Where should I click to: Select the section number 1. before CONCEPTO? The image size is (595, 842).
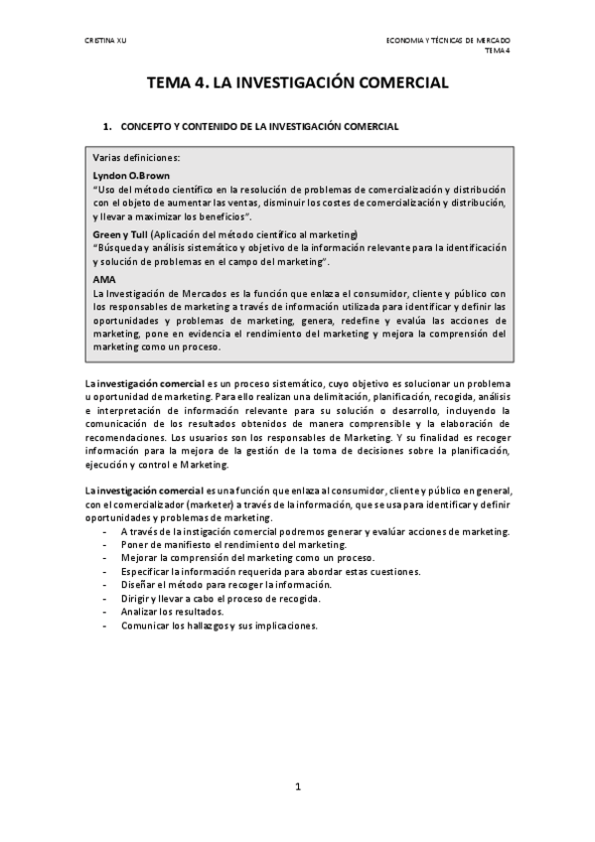(x=107, y=127)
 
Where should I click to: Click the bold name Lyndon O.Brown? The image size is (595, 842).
(x=131, y=175)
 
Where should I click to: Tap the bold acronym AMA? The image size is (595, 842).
(x=103, y=280)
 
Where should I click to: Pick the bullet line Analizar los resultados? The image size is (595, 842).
(x=176, y=613)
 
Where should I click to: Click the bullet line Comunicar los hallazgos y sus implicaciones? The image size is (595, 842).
(x=219, y=627)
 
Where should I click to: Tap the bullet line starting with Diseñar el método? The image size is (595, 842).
(x=226, y=586)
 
